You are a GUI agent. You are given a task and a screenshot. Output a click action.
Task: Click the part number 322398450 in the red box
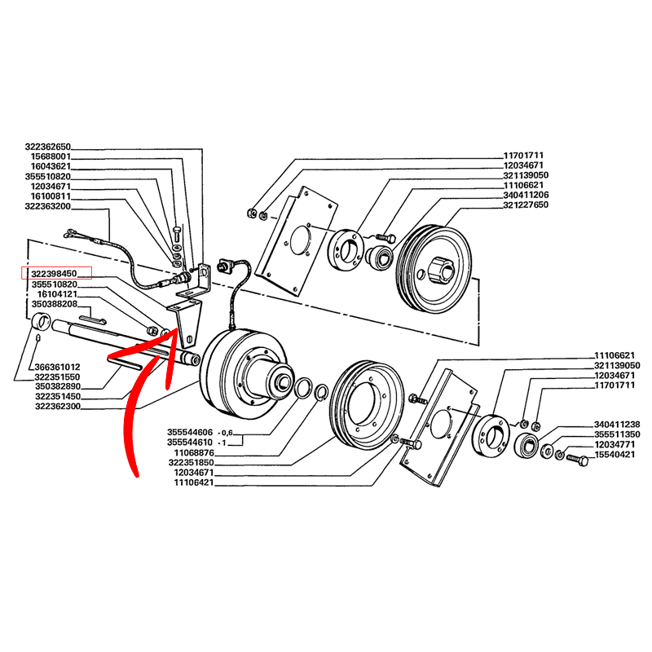pos(54,274)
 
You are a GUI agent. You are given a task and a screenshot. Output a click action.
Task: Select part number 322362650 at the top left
pos(48,147)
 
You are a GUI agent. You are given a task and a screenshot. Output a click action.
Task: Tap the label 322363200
pos(48,207)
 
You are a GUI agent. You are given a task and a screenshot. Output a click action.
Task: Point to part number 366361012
pos(57,368)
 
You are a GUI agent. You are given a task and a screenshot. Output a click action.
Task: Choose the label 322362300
pos(58,407)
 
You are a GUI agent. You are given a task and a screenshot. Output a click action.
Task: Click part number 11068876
pos(194,453)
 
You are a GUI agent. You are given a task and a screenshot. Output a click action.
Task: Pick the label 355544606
pos(190,433)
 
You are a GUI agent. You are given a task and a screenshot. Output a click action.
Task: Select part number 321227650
pos(526,205)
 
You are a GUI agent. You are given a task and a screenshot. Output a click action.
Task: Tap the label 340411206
pos(526,195)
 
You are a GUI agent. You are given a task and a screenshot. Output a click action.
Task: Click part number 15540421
pos(615,455)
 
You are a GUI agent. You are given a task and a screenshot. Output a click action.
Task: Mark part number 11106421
pos(194,482)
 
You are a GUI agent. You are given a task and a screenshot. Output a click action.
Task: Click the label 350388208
pos(55,304)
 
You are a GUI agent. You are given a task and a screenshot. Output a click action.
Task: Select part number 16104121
pos(57,294)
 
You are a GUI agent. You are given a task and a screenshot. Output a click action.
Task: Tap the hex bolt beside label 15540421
pos(578,460)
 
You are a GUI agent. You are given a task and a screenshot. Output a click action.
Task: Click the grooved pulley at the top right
pos(434,269)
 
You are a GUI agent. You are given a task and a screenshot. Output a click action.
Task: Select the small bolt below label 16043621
pos(177,232)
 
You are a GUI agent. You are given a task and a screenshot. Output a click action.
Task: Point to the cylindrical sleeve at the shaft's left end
pos(42,322)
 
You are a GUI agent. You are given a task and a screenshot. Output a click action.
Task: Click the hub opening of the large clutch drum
pos(284,381)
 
